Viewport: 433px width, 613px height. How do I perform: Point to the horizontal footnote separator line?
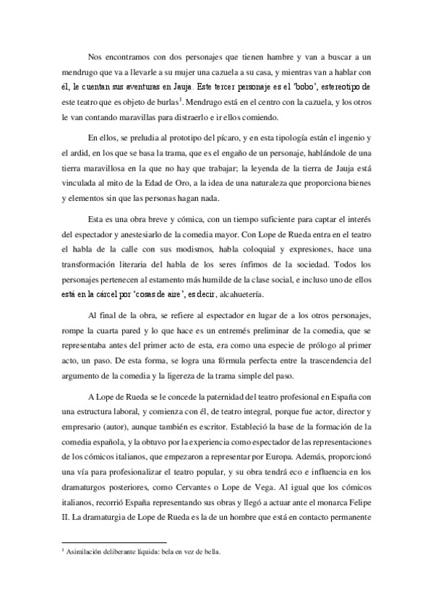[115, 541]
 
